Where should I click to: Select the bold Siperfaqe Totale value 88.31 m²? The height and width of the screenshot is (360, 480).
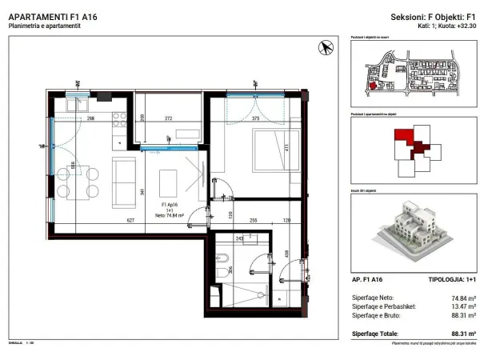[463, 332]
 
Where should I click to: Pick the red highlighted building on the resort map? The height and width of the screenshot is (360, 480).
[374, 88]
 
